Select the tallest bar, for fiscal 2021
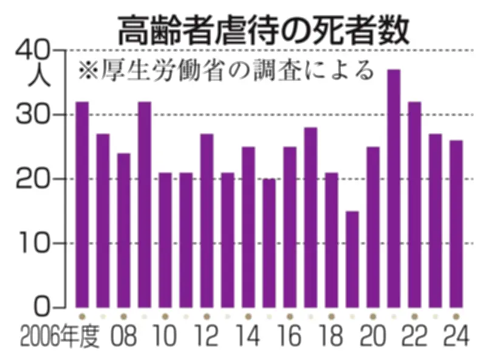click(x=394, y=189)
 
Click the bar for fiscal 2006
click(x=82, y=204)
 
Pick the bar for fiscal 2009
click(x=145, y=204)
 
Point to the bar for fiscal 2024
click(x=456, y=224)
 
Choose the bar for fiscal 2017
click(x=310, y=217)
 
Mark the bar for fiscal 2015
click(x=269, y=243)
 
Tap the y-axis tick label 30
click(x=34, y=114)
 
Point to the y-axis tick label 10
click(x=34, y=243)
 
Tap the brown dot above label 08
click(x=124, y=316)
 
